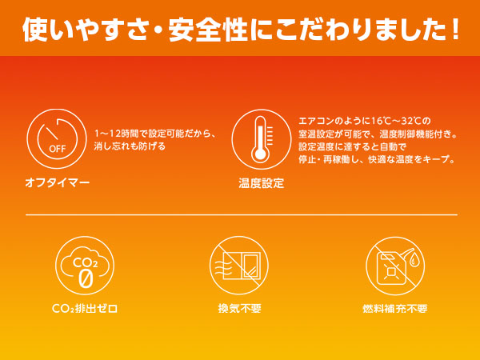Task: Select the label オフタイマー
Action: pyautogui.click(x=57, y=183)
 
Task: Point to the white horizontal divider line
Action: pyautogui.click(x=240, y=214)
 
